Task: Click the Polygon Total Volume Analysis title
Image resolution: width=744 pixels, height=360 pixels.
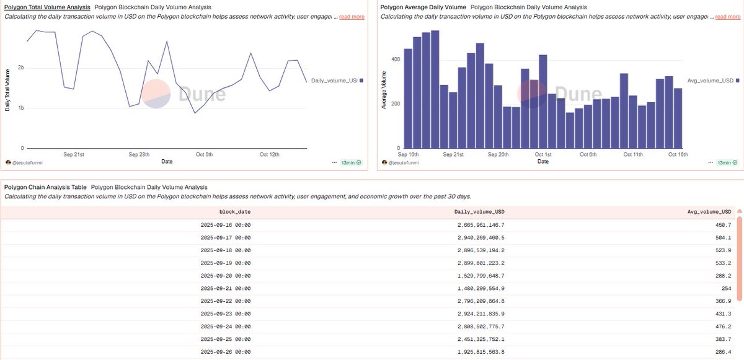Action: click(x=47, y=7)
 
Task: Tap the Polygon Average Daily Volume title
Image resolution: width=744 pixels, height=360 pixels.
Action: click(x=423, y=7)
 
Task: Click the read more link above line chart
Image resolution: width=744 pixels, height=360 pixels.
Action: click(x=352, y=17)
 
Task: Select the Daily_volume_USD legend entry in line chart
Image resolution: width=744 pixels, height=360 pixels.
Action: click(x=335, y=81)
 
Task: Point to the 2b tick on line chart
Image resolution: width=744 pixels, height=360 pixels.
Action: click(x=21, y=68)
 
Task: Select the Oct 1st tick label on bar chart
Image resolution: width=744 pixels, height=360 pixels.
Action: click(x=543, y=154)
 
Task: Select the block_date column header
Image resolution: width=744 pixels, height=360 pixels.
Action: click(x=235, y=212)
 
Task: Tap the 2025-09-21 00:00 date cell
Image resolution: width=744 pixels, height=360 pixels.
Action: click(x=226, y=288)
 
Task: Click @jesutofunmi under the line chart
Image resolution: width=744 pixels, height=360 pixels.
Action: click(x=32, y=162)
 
